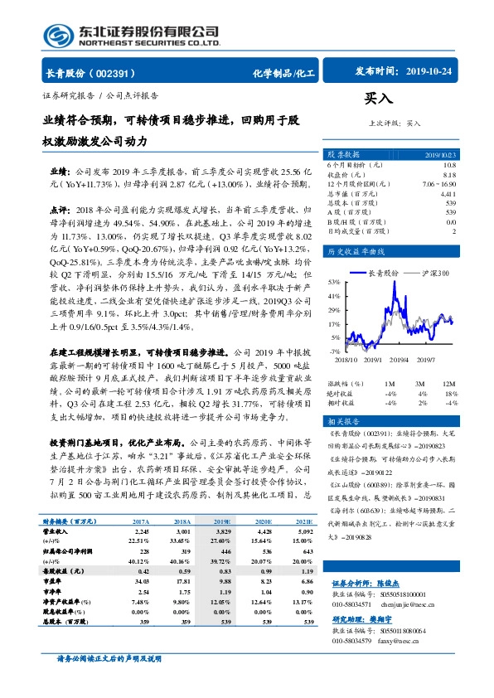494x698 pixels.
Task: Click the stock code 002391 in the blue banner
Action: pos(114,73)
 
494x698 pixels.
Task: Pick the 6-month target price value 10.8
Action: pos(449,165)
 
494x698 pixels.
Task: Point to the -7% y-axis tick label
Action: pos(334,351)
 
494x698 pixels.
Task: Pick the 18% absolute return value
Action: pos(450,393)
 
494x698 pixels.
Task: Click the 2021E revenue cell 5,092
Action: pos(305,531)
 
